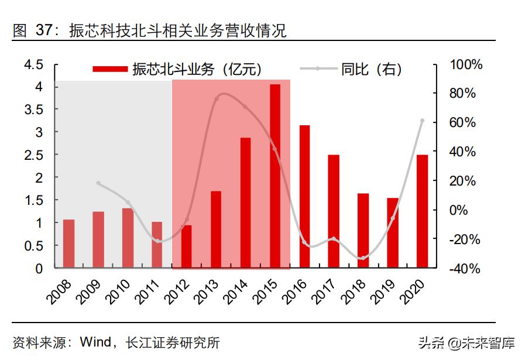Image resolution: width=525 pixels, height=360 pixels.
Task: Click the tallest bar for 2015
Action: tap(274, 176)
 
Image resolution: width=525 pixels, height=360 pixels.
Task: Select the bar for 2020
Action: tap(422, 211)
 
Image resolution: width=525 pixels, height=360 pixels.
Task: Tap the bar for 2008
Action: tap(68, 244)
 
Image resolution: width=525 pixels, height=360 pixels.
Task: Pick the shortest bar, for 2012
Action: tap(186, 246)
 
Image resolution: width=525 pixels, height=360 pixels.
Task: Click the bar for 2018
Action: tap(363, 231)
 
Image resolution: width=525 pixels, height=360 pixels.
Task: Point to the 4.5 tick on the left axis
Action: tap(33, 64)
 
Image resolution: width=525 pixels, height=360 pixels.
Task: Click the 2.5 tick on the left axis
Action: tap(33, 155)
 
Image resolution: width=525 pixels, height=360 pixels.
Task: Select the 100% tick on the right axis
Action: tap(466, 64)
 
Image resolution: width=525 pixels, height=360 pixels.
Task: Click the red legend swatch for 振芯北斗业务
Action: tap(110, 69)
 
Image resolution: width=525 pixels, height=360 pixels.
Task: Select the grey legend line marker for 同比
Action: tap(317, 69)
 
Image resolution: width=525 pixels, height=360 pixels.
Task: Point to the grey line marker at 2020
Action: tap(422, 121)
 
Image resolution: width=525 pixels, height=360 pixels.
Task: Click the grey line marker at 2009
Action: tap(98, 183)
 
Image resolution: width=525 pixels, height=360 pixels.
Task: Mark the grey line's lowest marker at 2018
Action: tap(363, 258)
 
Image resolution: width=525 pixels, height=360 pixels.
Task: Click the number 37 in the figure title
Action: tap(44, 30)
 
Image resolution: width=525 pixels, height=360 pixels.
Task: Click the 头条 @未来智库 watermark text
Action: tap(466, 342)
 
